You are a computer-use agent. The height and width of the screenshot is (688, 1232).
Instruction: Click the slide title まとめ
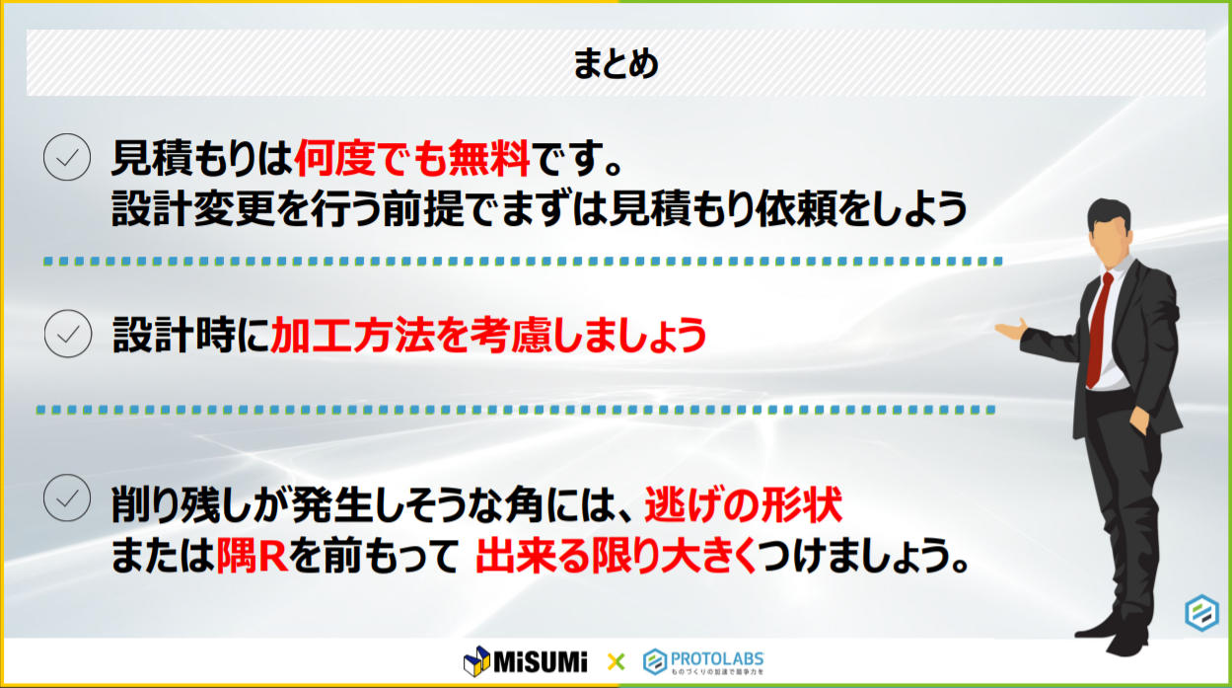click(x=616, y=65)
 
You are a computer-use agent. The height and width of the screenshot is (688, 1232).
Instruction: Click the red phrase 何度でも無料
click(x=413, y=158)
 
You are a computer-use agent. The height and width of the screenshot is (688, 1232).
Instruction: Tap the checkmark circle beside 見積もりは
click(x=67, y=157)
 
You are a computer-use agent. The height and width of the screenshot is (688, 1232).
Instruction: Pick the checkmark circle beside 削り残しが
click(x=67, y=497)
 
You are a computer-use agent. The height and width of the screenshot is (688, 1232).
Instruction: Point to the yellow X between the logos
click(x=616, y=661)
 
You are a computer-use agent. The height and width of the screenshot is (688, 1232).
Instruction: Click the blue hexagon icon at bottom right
click(x=1201, y=613)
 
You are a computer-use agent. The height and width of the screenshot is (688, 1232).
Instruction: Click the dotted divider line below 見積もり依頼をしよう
click(x=523, y=263)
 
